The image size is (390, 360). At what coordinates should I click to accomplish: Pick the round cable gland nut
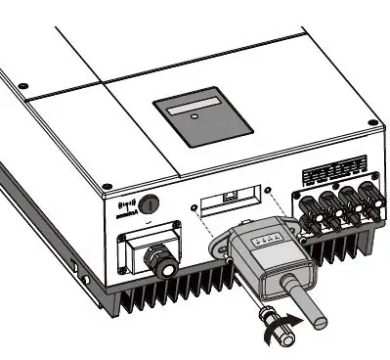(x=156, y=261)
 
